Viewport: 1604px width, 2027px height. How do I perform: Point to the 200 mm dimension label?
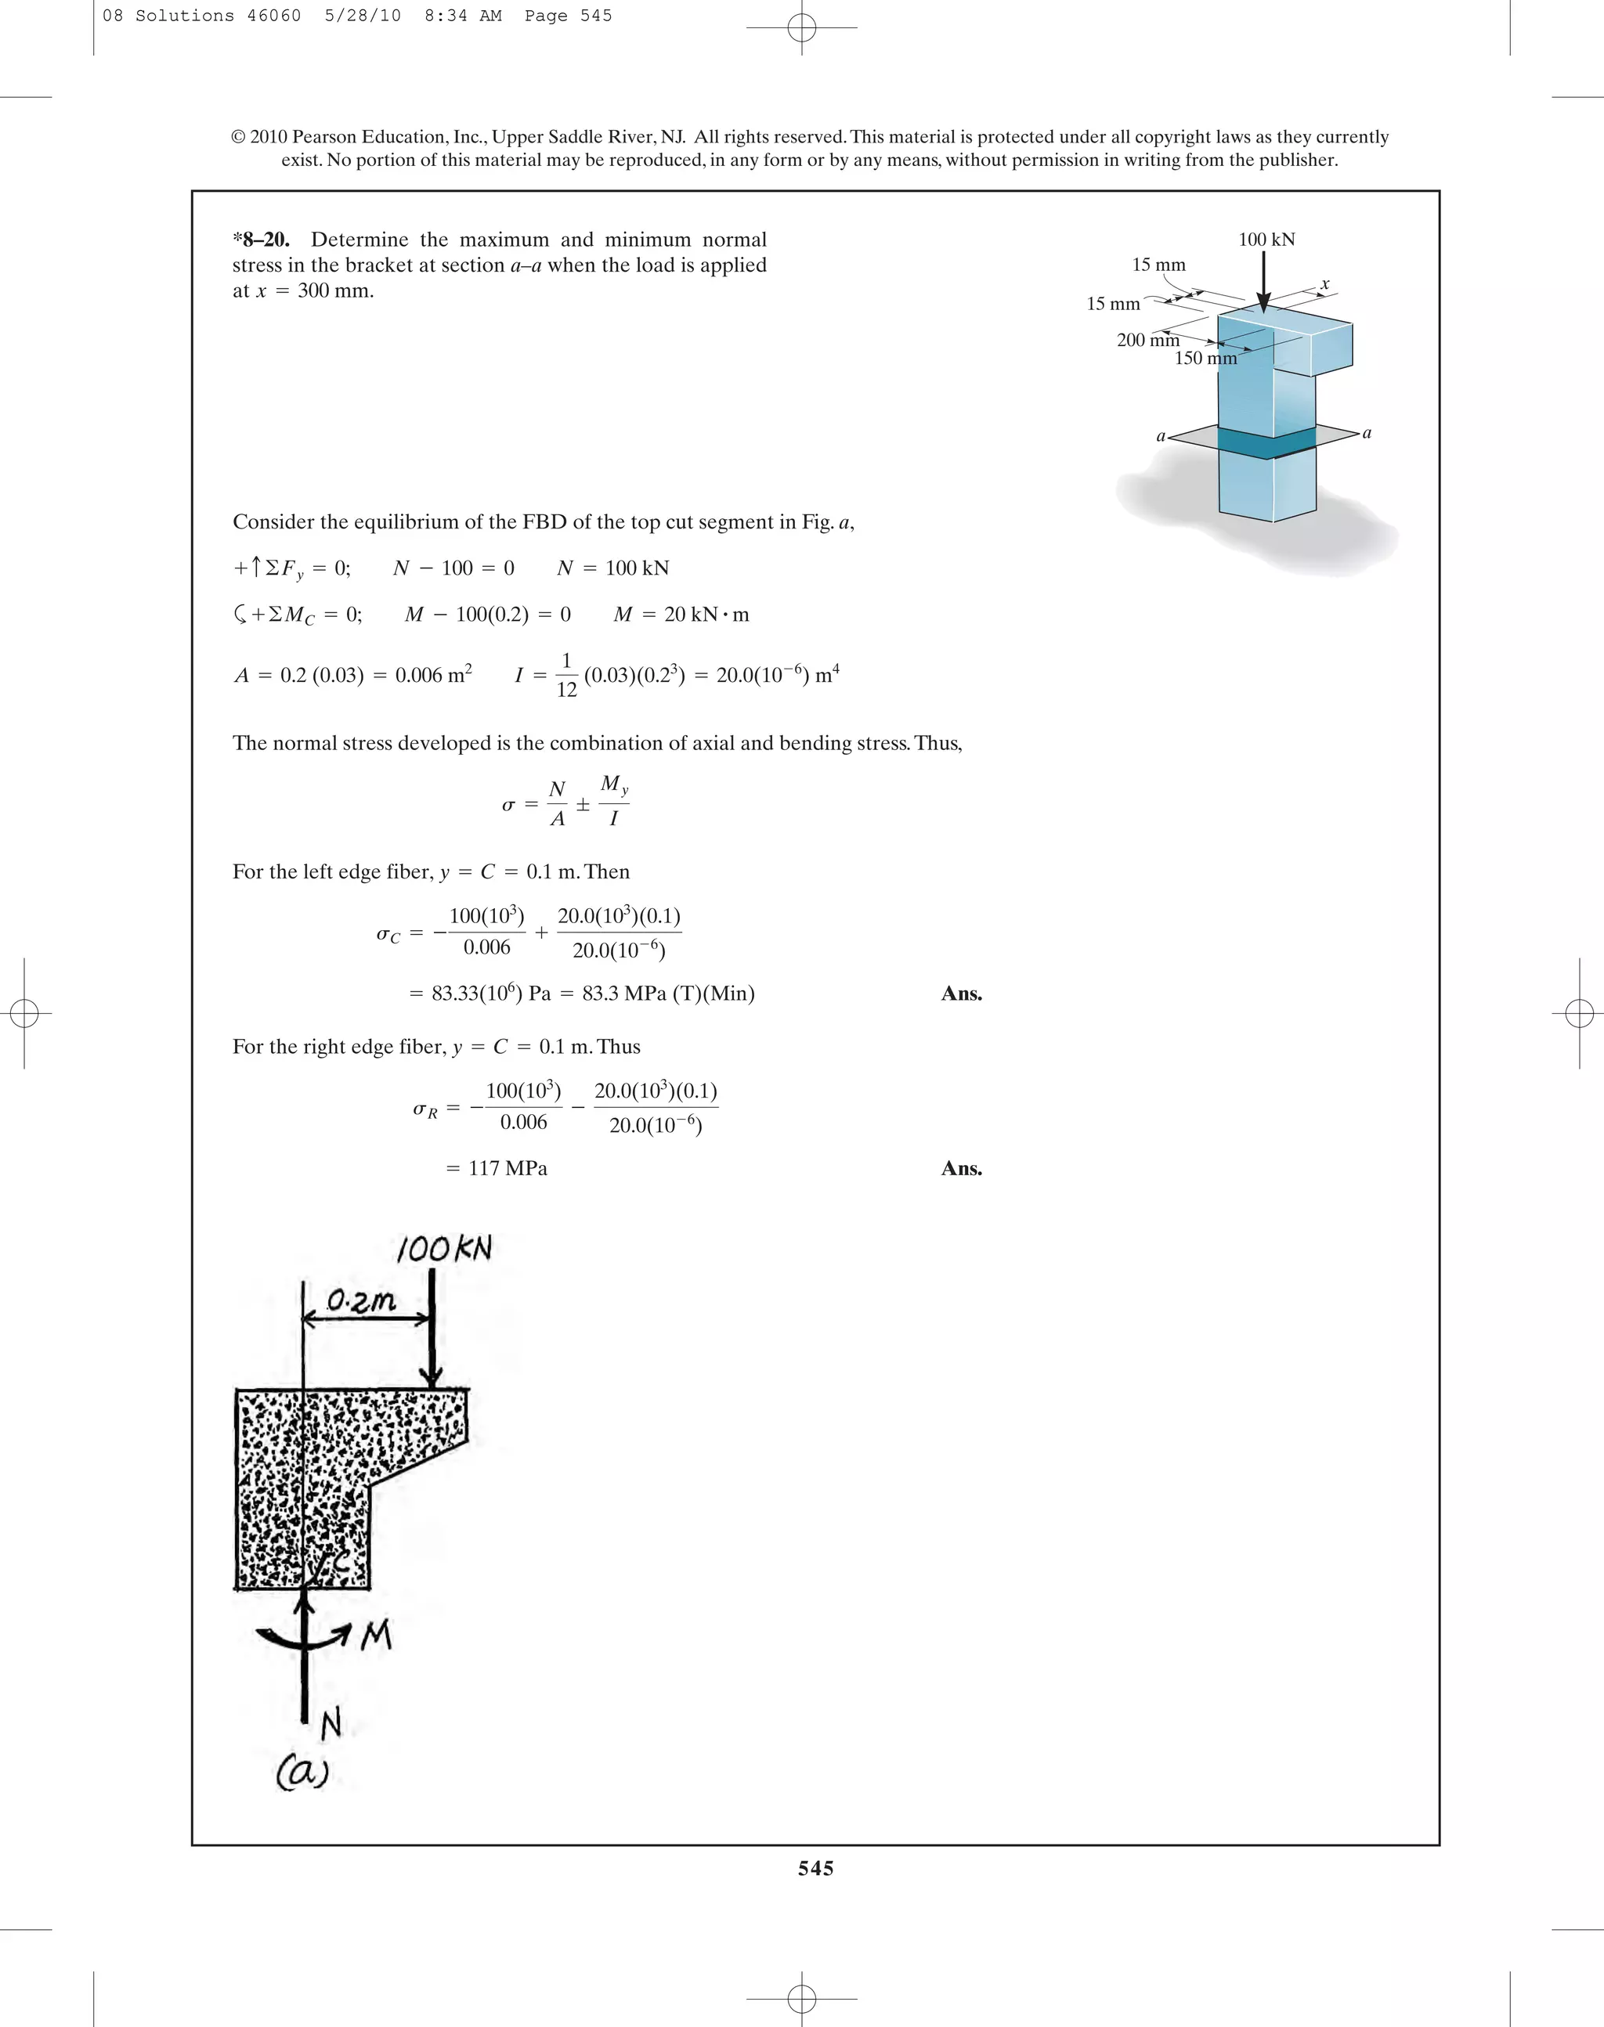(1147, 340)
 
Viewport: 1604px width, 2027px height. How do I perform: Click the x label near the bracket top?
(1325, 283)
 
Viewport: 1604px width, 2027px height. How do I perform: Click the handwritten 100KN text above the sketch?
(443, 1249)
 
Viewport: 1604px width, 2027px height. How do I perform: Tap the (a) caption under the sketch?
(302, 1772)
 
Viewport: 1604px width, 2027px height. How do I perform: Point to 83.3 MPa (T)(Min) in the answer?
(668, 994)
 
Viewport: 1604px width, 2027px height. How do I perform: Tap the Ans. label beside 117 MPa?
(961, 1169)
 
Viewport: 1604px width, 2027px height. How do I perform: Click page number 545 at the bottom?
(815, 1868)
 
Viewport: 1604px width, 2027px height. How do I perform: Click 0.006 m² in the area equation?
(433, 675)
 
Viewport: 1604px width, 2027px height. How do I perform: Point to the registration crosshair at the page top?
(801, 28)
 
